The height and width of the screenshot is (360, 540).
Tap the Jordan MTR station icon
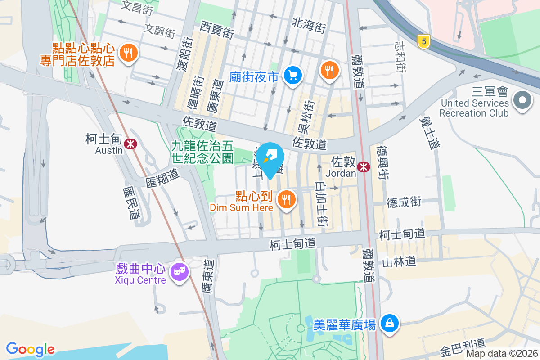coord(363,167)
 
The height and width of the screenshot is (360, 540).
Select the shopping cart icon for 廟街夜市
coord(293,76)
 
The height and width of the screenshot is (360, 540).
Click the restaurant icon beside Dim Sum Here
coord(287,198)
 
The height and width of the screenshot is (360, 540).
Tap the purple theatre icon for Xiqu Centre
coord(180,271)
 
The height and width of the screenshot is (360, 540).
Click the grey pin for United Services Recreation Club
coord(522,100)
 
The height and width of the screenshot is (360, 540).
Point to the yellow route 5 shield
coord(423,42)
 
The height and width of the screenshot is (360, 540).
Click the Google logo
coord(31,349)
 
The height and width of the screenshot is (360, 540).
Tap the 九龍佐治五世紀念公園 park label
coord(202,152)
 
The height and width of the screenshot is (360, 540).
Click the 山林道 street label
coord(398,261)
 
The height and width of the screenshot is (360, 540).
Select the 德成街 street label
coord(404,202)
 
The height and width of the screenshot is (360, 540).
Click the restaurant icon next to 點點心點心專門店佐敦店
coord(129,53)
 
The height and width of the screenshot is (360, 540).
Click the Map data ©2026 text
coord(502,353)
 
